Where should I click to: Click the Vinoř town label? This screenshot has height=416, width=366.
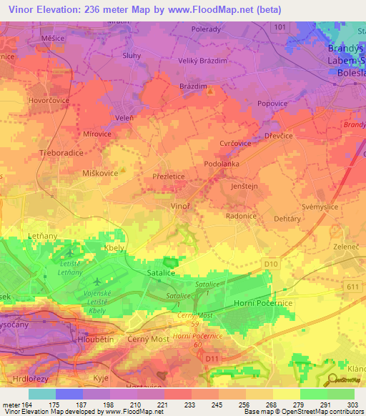(x=179, y=205)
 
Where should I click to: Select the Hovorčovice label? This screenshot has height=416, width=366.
(x=29, y=101)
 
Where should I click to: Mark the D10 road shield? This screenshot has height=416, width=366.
(x=269, y=264)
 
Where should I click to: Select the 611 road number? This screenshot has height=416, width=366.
(x=350, y=286)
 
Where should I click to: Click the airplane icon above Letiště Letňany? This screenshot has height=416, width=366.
(x=69, y=252)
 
